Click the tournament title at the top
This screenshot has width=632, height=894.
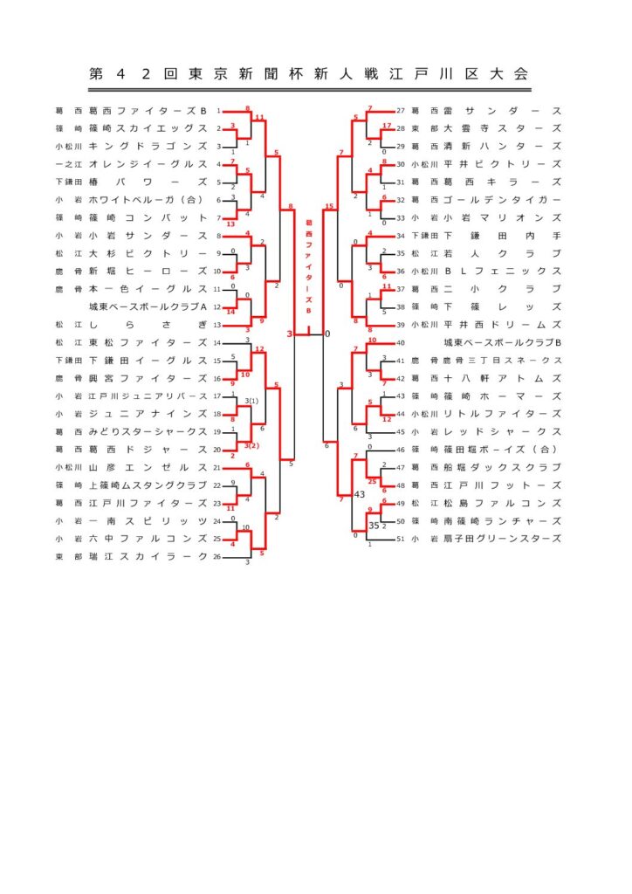point(309,74)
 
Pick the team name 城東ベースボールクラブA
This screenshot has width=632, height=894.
point(148,306)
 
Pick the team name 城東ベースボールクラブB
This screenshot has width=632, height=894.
point(501,342)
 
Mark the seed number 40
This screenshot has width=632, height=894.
point(401,342)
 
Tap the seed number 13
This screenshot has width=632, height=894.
point(217,324)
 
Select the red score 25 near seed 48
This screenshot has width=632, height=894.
point(373,481)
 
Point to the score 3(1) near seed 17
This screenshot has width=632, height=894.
point(252,400)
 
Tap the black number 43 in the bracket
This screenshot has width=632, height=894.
point(359,494)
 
